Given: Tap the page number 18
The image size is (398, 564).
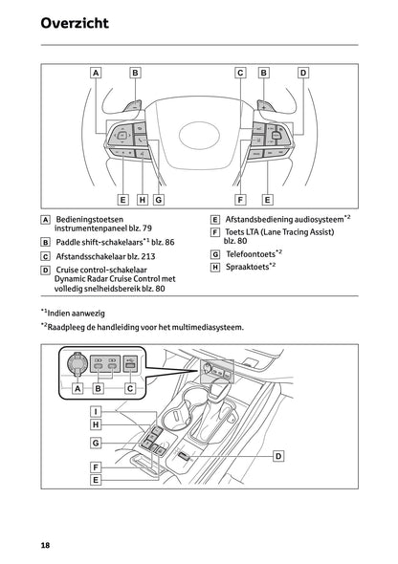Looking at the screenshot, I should [x=45, y=545].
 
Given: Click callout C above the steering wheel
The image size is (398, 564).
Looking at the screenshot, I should [x=240, y=72].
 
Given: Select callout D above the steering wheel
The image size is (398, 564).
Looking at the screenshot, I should [x=303, y=72].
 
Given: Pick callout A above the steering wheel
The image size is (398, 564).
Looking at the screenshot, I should [x=96, y=72].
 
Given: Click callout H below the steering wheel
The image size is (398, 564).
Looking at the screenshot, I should [x=142, y=200].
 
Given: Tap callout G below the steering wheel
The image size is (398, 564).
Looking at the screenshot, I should [x=159, y=200].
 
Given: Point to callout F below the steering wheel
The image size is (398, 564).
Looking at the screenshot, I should [x=240, y=200].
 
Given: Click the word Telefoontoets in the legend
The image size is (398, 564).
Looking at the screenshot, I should [x=249, y=254].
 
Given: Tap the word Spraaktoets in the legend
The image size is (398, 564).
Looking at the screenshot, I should [x=246, y=268].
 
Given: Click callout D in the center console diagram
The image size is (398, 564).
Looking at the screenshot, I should [x=278, y=457].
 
